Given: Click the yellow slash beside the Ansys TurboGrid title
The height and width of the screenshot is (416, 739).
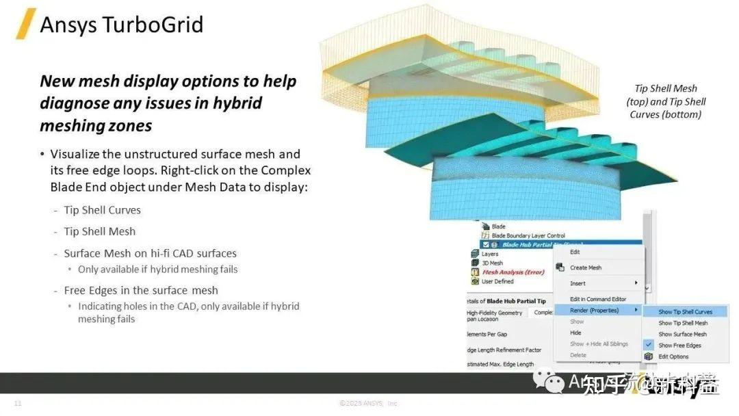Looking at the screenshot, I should (x=26, y=25).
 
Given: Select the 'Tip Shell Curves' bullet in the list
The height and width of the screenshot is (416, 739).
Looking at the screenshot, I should (x=102, y=210).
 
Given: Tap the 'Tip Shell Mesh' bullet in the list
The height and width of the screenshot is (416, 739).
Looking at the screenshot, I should (x=99, y=231).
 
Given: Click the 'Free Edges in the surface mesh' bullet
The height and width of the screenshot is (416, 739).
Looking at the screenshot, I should (x=141, y=290).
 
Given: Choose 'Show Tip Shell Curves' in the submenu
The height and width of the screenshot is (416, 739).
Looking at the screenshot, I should (x=685, y=312).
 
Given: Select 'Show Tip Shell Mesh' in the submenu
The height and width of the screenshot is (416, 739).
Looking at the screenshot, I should (x=683, y=323).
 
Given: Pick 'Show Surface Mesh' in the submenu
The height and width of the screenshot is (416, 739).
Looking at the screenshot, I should (x=682, y=334).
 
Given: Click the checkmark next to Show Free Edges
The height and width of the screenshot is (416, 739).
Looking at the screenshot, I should (x=649, y=346).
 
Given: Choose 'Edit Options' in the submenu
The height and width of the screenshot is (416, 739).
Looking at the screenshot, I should (x=673, y=356).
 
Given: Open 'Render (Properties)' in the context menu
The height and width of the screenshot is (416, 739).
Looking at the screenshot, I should (x=594, y=310).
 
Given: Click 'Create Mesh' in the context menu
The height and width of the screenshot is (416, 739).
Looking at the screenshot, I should (x=586, y=268).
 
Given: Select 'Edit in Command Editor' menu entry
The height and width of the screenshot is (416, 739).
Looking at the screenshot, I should (x=598, y=299).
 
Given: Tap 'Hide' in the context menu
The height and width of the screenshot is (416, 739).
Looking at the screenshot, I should (x=575, y=333).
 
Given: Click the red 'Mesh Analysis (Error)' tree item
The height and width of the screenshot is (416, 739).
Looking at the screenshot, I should (x=513, y=272).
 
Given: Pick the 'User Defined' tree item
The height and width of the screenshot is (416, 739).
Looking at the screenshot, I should (x=497, y=281).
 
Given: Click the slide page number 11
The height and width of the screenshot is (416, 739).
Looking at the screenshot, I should (x=18, y=404).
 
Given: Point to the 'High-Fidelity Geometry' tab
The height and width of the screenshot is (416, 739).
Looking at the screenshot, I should (x=494, y=313).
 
